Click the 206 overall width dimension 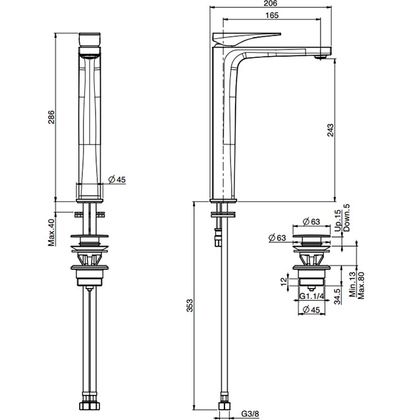pyautogui.click(x=271, y=3)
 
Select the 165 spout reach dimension pyautogui.click(x=272, y=15)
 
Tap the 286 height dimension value pyautogui.click(x=51, y=117)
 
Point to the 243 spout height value pyautogui.click(x=330, y=130)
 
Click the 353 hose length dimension pyautogui.click(x=190, y=305)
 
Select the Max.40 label pyautogui.click(x=51, y=232)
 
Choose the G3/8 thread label pyautogui.click(x=250, y=413)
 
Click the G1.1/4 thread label pyautogui.click(x=312, y=296)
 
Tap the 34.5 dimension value pyautogui.click(x=338, y=296)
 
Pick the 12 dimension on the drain pyautogui.click(x=284, y=282)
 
